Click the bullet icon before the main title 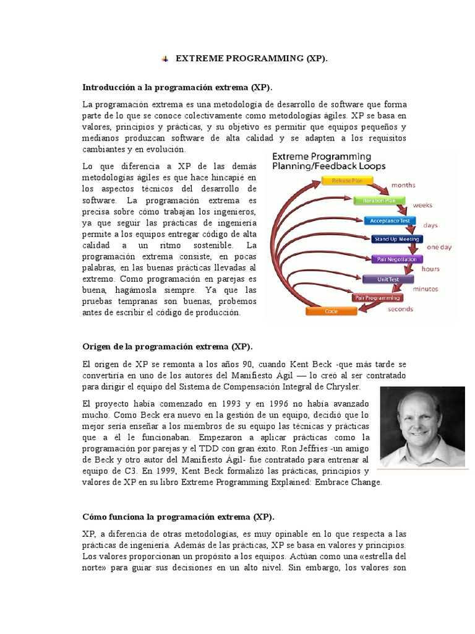(x=165, y=59)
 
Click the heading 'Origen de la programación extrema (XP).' (x=168, y=346)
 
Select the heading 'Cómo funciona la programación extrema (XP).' (x=178, y=516)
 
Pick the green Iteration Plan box (x=375, y=201)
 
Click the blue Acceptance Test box (x=390, y=220)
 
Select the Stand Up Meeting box (x=396, y=239)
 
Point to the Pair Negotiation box (x=396, y=259)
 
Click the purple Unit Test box (x=388, y=279)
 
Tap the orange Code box (x=332, y=311)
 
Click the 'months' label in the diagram (x=403, y=185)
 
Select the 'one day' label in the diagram (x=439, y=247)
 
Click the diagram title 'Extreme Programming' (x=322, y=157)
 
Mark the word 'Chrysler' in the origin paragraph (x=340, y=386)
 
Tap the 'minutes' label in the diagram (x=426, y=289)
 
